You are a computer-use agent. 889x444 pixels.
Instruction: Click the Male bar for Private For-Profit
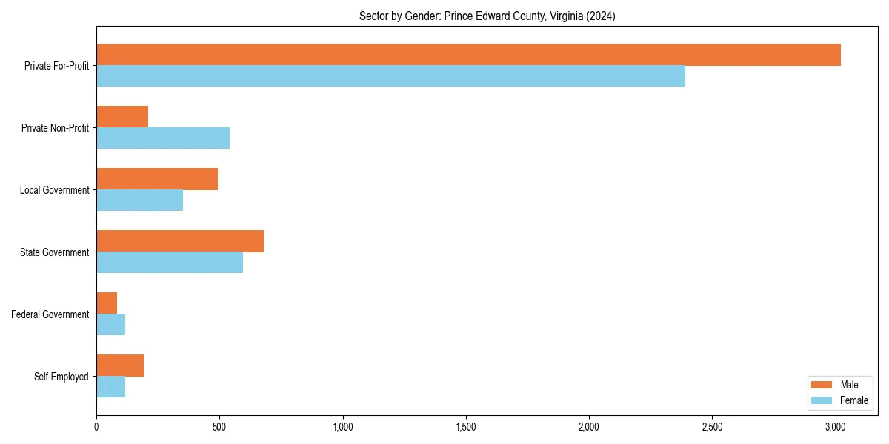click(x=468, y=55)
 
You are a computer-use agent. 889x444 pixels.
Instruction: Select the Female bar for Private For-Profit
click(x=390, y=76)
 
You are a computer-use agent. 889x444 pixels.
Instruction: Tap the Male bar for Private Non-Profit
click(x=122, y=117)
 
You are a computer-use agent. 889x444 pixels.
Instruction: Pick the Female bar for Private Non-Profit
click(x=163, y=138)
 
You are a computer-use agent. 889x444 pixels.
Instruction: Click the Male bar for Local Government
click(x=157, y=179)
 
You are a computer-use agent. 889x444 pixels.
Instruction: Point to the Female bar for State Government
click(x=170, y=263)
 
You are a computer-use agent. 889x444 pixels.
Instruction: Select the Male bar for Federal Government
click(x=107, y=303)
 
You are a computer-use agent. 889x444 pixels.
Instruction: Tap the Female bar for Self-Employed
click(x=110, y=387)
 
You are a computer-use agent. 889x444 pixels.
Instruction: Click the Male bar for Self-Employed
click(x=120, y=366)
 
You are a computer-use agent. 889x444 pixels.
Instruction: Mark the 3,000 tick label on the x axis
click(x=836, y=427)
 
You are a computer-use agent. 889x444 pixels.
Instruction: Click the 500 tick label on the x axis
click(x=219, y=427)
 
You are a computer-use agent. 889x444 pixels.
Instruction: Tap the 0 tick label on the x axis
click(x=96, y=427)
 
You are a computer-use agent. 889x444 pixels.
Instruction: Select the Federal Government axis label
click(x=50, y=314)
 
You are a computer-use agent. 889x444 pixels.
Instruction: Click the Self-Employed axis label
click(x=61, y=377)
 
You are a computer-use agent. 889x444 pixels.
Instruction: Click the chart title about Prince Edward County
click(x=487, y=16)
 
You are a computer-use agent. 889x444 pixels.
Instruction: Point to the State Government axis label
click(x=54, y=252)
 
